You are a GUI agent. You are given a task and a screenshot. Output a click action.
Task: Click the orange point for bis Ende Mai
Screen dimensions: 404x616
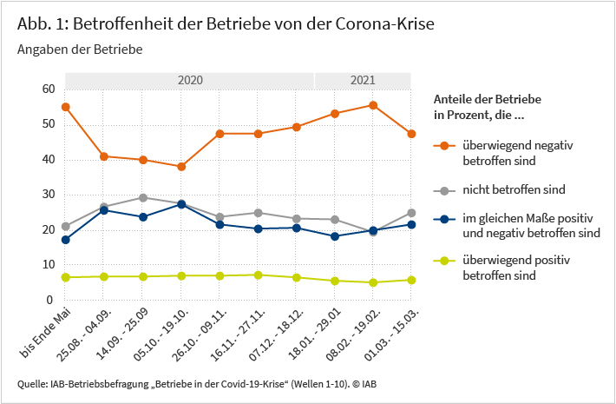tap(66, 107)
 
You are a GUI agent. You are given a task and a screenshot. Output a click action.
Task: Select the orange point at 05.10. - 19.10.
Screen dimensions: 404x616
tap(181, 167)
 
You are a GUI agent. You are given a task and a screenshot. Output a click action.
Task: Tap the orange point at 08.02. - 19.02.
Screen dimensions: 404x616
tap(373, 105)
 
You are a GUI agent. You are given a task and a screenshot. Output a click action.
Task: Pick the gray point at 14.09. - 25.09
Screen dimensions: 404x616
tap(143, 198)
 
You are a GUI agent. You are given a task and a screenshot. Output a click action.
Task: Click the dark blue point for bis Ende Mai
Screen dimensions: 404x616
tap(66, 240)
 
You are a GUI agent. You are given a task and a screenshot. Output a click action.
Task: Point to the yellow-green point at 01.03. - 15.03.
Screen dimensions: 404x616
tap(411, 280)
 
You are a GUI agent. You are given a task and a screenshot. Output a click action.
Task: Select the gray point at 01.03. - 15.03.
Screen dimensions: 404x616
tap(411, 213)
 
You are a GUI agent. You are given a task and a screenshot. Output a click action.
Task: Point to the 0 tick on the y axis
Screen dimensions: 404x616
tap(51, 300)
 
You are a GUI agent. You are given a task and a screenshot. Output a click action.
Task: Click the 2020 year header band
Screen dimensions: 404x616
tap(189, 80)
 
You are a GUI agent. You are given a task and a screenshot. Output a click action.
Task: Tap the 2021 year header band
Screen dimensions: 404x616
tap(363, 80)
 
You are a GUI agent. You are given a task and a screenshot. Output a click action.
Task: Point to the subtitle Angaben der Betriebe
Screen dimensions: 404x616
tap(79, 50)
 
